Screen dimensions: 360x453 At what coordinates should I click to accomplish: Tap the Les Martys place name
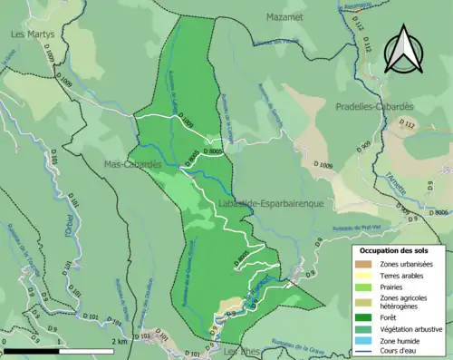pyautogui.click(x=32, y=34)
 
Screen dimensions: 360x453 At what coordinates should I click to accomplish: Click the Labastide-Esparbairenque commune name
pyautogui.click(x=271, y=204)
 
